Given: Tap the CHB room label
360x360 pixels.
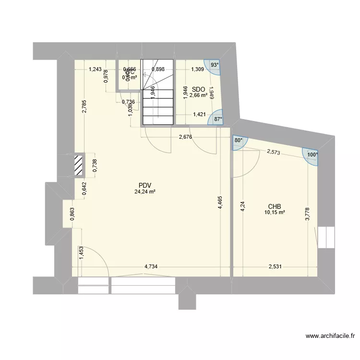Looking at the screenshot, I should tap(275, 206).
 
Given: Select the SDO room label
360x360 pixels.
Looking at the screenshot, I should tap(198, 89).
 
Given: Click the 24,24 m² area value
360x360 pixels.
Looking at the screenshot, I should tap(145, 192).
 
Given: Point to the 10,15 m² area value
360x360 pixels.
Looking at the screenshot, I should tap(275, 213).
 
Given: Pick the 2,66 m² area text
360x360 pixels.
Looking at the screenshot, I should tap(198, 96).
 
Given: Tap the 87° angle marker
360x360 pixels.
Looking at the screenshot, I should tap(218, 120).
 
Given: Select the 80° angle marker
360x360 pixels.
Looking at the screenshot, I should tap(239, 141).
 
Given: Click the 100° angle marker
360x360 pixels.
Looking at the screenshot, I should tap(312, 155).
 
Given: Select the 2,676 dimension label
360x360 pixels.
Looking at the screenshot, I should tap(186, 137).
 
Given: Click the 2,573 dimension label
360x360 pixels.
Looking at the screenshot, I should tap(274, 152).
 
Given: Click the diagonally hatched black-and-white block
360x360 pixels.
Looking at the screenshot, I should tap(78, 166).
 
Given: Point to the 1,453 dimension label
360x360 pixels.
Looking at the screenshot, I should tap(82, 252).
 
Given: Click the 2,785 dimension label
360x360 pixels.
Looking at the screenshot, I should tap(84, 107).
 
